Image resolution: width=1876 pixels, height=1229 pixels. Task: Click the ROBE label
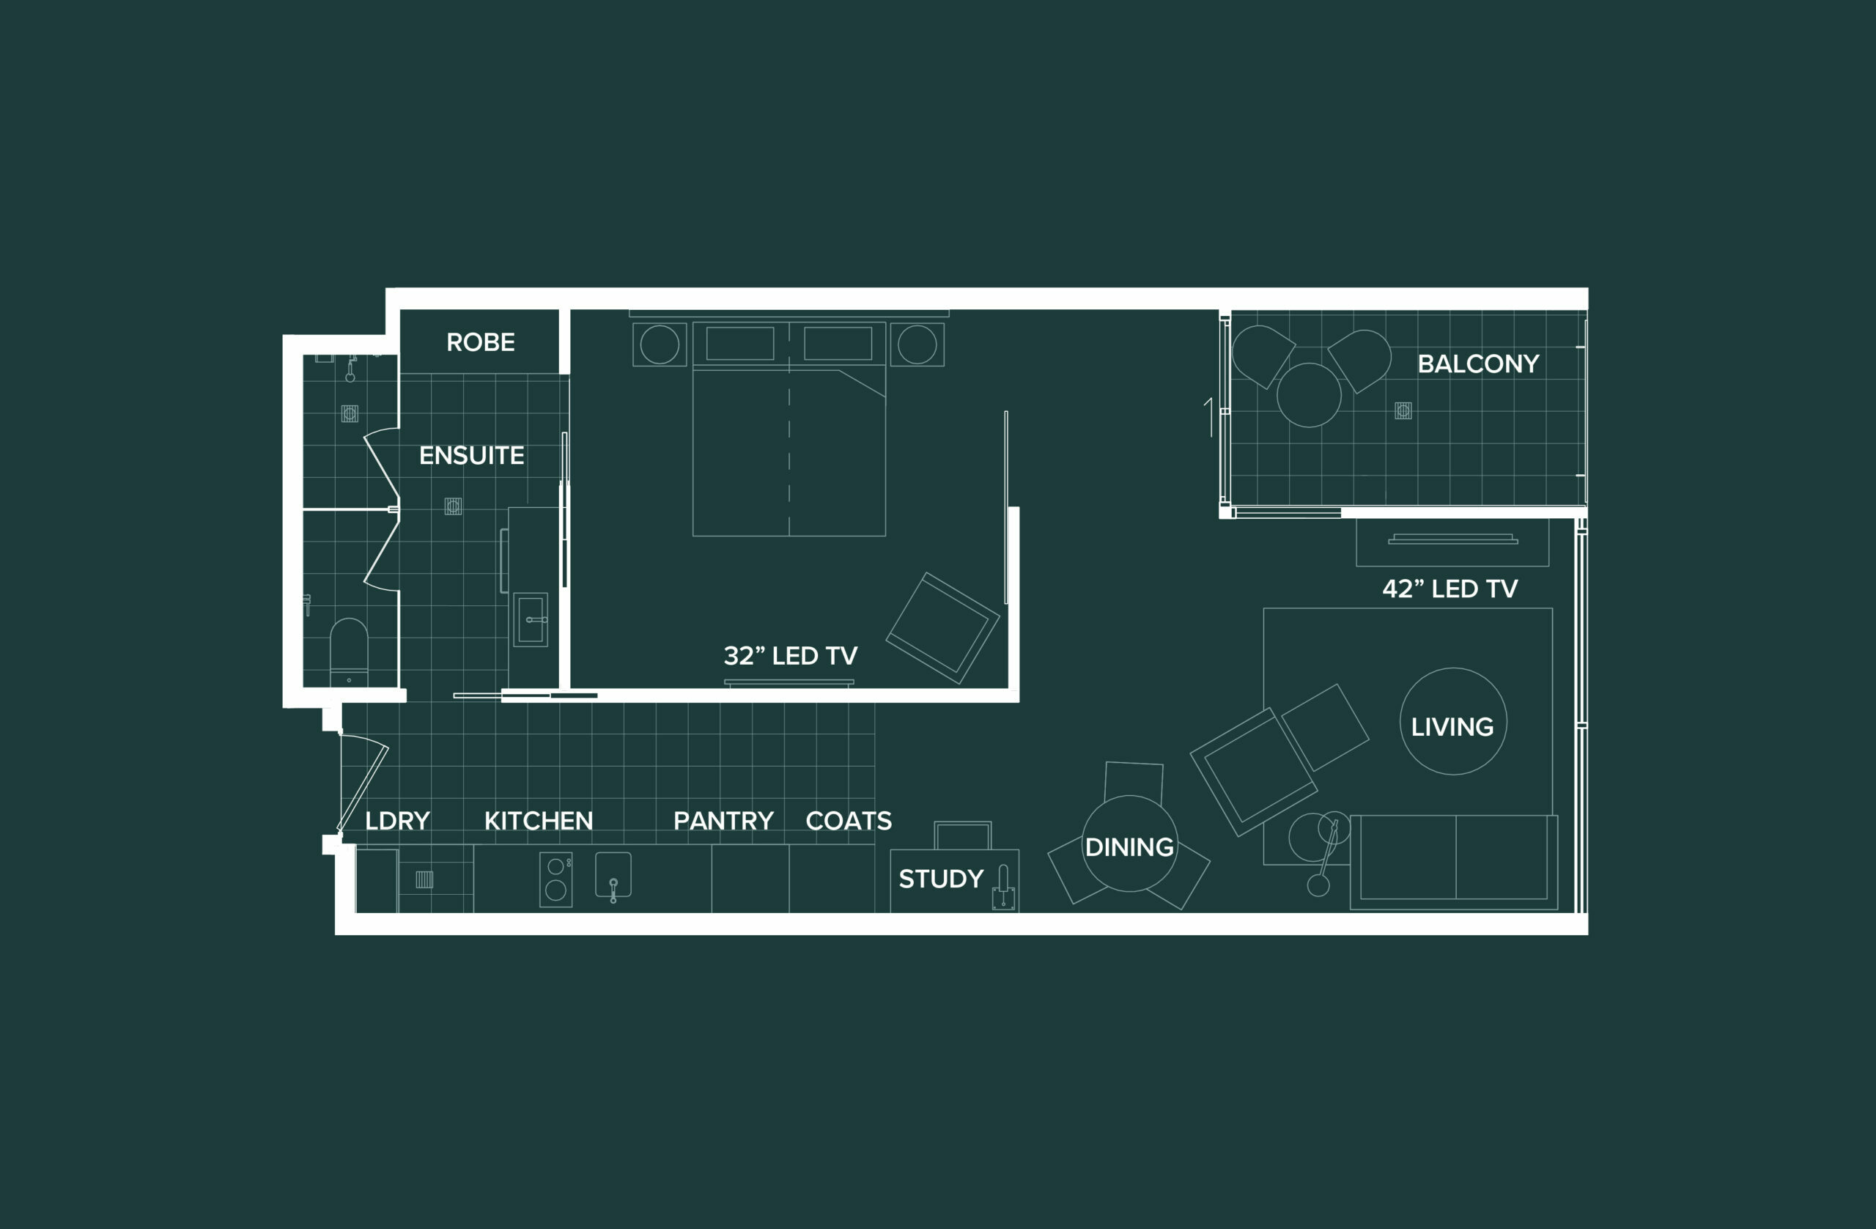[480, 342]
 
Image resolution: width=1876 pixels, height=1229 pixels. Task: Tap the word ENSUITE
[471, 456]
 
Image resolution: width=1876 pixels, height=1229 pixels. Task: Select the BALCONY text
[1478, 364]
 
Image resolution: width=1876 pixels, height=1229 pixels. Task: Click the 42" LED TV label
[1450, 589]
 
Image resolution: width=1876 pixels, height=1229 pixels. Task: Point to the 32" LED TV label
[791, 656]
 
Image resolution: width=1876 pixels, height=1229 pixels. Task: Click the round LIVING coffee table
[1452, 721]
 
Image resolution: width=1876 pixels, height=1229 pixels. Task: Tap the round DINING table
[1129, 844]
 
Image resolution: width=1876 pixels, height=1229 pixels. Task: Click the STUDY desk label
[941, 879]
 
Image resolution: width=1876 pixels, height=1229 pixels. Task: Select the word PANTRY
[723, 821]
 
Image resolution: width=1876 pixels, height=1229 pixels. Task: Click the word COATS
[849, 821]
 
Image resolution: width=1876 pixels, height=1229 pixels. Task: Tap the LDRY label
[397, 821]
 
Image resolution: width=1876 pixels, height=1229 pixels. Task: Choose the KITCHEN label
[539, 821]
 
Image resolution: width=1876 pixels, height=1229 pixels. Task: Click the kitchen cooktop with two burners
[555, 879]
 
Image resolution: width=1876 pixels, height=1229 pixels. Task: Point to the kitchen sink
[613, 874]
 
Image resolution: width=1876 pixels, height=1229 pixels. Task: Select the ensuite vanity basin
[531, 619]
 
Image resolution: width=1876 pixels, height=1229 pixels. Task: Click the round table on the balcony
[1309, 395]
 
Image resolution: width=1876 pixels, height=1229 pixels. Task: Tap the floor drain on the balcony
[1403, 410]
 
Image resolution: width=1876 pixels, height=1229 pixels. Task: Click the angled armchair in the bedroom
[942, 628]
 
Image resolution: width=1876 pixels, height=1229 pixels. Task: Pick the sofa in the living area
[1455, 863]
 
